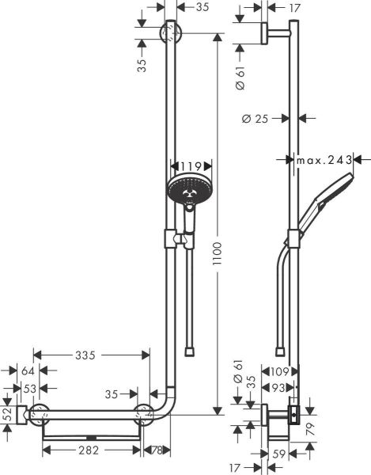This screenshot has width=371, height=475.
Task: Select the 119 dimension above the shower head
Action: [x=190, y=167]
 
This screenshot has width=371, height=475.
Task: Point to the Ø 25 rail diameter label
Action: [x=256, y=120]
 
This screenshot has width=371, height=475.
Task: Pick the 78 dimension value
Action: [x=158, y=451]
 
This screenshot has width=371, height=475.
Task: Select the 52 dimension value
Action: [x=8, y=413]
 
